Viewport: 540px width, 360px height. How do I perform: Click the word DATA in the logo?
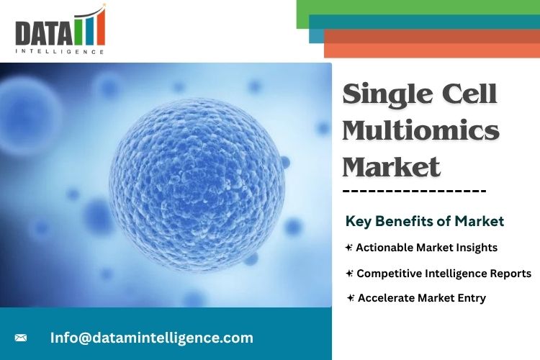(x=44, y=32)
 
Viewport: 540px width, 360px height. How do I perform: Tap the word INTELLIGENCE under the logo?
(x=60, y=52)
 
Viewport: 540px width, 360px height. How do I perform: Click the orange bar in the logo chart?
(x=101, y=27)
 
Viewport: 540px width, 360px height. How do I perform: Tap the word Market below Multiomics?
(x=392, y=166)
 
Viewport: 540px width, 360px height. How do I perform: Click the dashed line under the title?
(x=414, y=191)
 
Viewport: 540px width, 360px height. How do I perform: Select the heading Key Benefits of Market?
(x=425, y=221)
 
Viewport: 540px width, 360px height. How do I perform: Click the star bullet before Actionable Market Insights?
(x=349, y=248)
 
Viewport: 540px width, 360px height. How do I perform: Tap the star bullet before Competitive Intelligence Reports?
(x=349, y=274)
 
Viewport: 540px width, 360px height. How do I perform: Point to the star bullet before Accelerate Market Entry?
(x=350, y=298)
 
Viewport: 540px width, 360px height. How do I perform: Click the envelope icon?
(x=21, y=338)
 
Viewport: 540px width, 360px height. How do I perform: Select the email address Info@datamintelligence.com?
(x=151, y=338)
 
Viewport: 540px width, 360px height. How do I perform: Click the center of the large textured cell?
(x=197, y=185)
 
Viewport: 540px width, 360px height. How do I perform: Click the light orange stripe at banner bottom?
(x=432, y=50)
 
